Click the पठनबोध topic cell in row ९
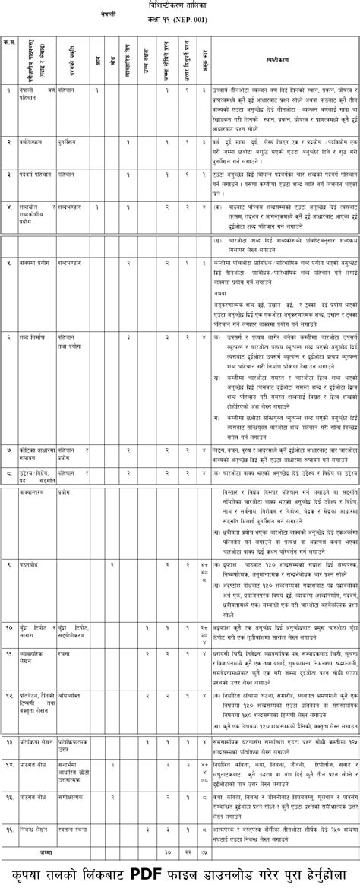pyautogui.click(x=30, y=565)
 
